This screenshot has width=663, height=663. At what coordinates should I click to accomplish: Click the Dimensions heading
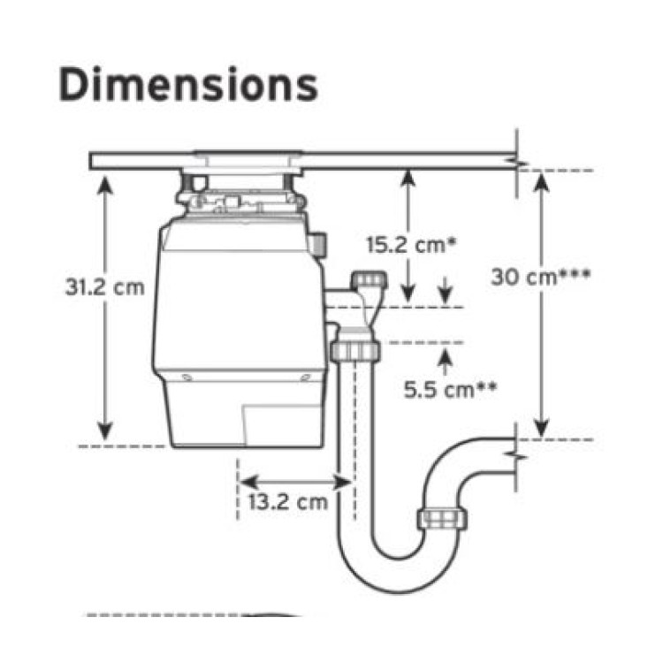[x=188, y=84]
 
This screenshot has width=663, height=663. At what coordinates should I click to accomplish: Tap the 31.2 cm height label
[x=105, y=287]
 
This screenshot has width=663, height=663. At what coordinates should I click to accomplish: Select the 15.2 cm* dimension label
[x=411, y=245]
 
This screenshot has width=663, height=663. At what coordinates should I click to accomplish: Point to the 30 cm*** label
[x=540, y=278]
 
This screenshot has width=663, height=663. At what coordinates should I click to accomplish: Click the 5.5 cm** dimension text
[x=450, y=390]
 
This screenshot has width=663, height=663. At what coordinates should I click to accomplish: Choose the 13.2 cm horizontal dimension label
[x=288, y=502]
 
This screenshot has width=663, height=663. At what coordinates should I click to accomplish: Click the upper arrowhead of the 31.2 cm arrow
[x=105, y=186]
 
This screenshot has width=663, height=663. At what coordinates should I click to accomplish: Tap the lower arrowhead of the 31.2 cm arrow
[x=105, y=431]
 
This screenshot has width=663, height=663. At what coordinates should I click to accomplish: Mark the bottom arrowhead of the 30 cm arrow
[x=541, y=428]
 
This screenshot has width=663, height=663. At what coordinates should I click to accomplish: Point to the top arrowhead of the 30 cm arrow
[x=541, y=182]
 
